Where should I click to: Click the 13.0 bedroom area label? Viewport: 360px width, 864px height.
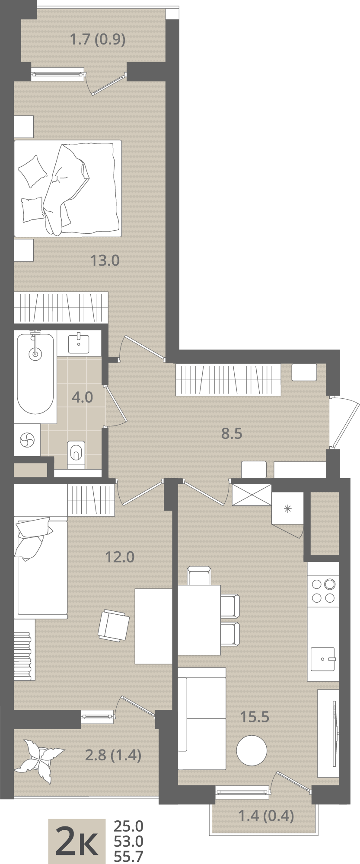(x=105, y=260)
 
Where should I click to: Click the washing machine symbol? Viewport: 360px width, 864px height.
(x=27, y=440)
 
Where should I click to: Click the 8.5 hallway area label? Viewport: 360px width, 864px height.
(x=232, y=434)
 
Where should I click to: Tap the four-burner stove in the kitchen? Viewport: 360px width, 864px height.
(x=323, y=591)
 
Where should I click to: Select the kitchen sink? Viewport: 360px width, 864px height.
(x=323, y=659)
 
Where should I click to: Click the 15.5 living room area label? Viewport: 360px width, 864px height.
(x=255, y=717)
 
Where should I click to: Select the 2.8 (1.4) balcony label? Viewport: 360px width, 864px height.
(x=113, y=755)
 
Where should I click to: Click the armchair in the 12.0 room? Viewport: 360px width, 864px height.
(x=113, y=625)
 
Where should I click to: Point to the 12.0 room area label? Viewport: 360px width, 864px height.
(x=120, y=557)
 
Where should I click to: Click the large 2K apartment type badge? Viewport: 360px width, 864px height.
(x=76, y=840)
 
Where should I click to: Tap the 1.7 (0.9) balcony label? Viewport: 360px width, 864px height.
(x=98, y=40)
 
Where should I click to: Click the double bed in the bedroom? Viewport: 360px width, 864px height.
(x=67, y=188)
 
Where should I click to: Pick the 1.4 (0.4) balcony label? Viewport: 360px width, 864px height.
(x=266, y=816)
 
